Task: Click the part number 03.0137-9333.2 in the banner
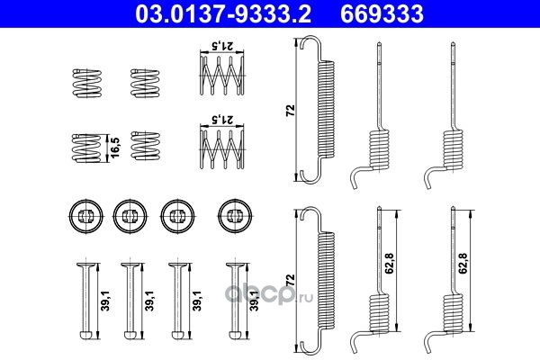tap(223, 13)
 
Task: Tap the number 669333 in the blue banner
tap(382, 13)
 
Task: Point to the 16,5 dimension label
tap(115, 148)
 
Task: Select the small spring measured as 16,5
tap(86, 148)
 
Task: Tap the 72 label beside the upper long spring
tap(291, 110)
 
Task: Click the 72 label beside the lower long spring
tap(291, 279)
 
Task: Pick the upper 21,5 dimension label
tap(222, 45)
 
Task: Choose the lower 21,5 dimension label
tap(222, 120)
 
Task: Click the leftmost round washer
tap(86, 216)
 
